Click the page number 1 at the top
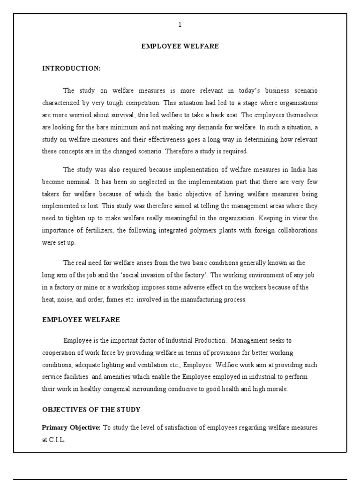[x=180, y=25]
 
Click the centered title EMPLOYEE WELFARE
[x=180, y=46]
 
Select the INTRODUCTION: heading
[x=71, y=68]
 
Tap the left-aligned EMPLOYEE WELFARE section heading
[x=81, y=320]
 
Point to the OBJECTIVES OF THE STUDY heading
[x=91, y=410]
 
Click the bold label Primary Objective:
[x=71, y=427]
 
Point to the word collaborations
[x=293, y=231]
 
